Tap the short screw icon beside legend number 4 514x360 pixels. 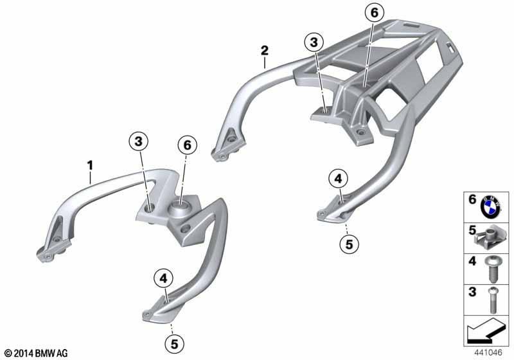492,270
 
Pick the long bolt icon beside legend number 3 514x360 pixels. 492,300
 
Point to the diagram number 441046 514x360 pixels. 488,353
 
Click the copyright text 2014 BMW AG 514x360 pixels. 36,353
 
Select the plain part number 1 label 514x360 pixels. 89,166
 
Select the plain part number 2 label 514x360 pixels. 265,51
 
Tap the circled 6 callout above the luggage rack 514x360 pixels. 375,12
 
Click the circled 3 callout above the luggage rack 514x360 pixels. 314,42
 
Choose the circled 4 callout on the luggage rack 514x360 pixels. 338,179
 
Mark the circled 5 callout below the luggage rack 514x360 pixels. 349,244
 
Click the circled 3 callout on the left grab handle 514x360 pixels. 138,141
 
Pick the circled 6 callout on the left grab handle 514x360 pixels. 187,145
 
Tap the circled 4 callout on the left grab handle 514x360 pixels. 163,278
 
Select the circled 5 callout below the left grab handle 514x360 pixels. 174,344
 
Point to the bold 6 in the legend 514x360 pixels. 472,199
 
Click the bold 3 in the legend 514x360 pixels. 472,292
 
